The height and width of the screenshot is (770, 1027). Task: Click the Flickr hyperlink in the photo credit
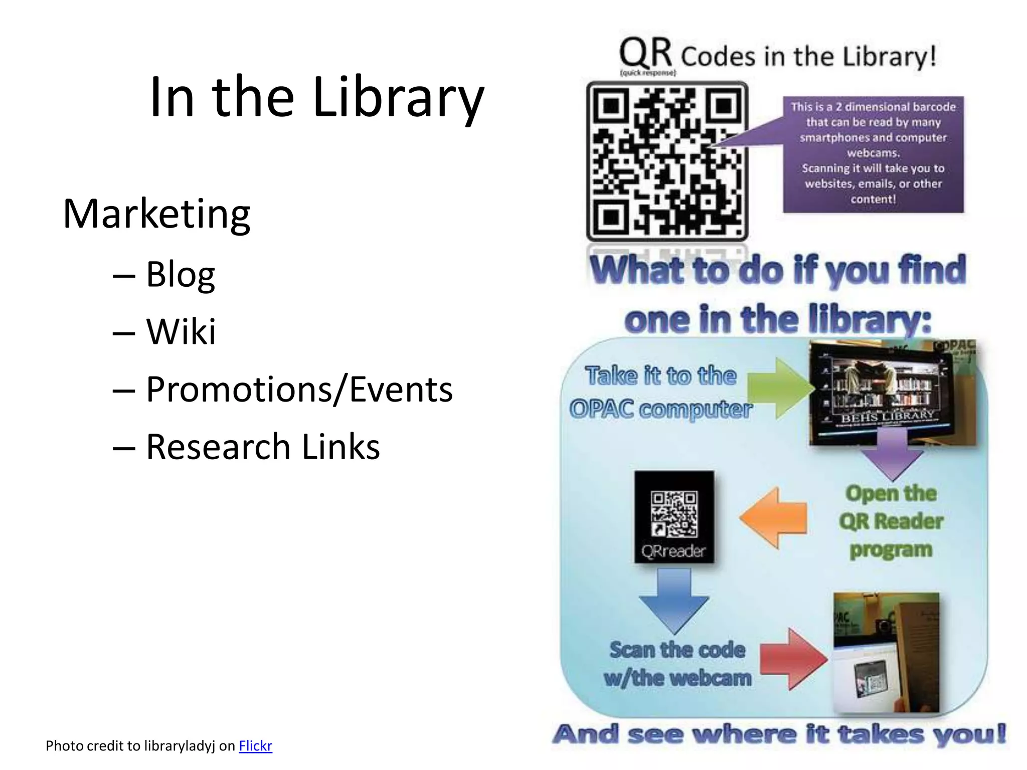pos(255,746)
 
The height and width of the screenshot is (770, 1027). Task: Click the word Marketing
pos(156,214)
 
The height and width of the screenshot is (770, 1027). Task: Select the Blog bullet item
pos(181,274)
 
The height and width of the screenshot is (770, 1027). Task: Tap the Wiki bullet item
pos(181,331)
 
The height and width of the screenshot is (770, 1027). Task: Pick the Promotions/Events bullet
pos(299,389)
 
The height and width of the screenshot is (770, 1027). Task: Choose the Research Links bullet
pos(263,447)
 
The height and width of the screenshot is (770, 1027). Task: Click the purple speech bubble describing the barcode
pos(873,153)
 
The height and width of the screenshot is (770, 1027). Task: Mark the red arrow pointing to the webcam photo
pos(792,659)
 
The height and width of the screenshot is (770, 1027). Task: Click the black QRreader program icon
pos(674,517)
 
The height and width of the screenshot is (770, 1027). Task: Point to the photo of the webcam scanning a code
pos(886,652)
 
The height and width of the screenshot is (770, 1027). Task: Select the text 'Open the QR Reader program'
pos(891,521)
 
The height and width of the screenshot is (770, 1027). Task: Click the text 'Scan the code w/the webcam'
pos(677,664)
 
